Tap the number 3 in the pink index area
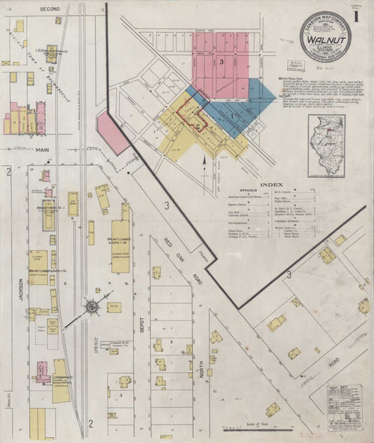point(222,61)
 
